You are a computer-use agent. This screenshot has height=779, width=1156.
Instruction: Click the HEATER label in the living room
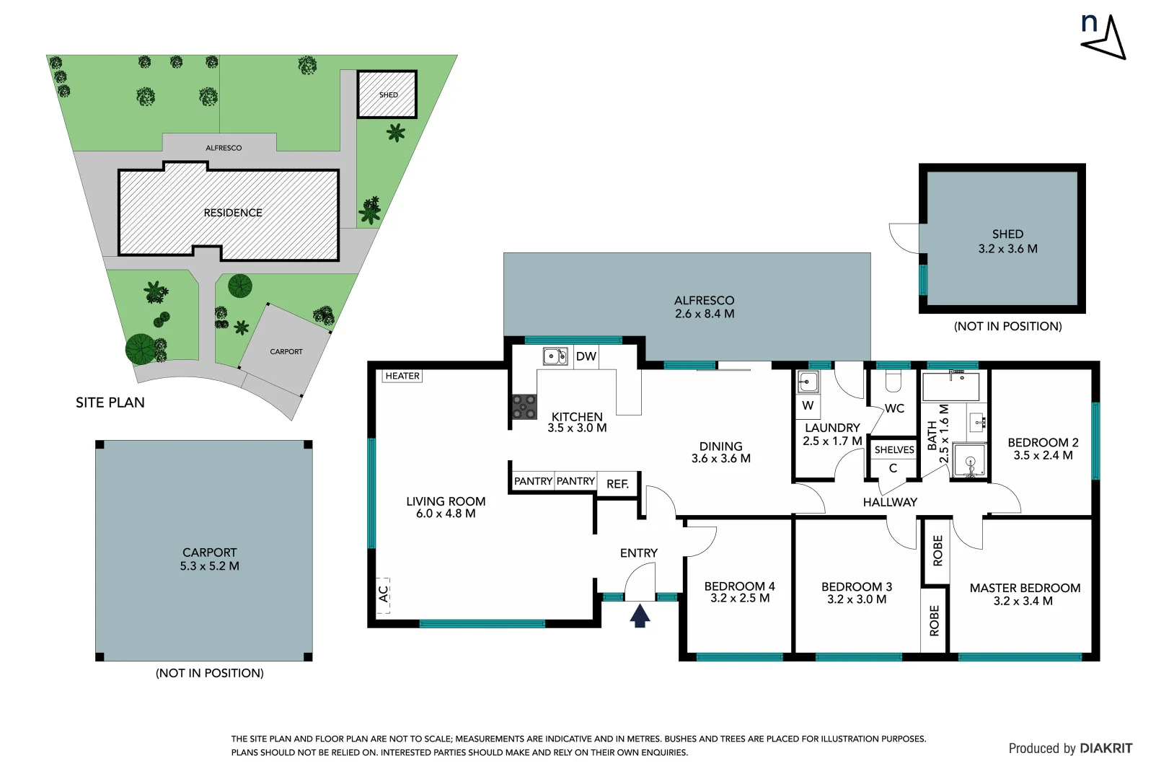pos(402,376)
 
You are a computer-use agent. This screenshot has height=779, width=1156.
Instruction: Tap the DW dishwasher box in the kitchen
pos(586,356)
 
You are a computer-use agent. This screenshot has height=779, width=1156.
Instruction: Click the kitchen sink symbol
pos(555,356)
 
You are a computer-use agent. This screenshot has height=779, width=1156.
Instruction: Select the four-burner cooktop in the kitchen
pos(524,407)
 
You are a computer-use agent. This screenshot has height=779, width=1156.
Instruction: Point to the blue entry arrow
pos(640,615)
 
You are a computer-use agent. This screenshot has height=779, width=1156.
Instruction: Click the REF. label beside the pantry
pos(617,484)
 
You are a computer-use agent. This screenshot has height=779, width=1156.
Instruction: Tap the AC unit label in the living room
pos(384,595)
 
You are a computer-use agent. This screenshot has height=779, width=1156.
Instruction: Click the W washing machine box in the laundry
pos(808,405)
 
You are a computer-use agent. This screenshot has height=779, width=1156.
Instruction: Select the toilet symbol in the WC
pos(893,380)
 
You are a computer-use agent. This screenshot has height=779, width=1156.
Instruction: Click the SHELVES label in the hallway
pos(894,449)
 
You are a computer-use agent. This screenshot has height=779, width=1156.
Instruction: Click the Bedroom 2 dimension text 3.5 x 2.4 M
pos(1043,456)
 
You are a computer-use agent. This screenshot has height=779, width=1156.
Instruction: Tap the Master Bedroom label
pos(1024,588)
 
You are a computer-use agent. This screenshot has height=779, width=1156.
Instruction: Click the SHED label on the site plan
pos(388,94)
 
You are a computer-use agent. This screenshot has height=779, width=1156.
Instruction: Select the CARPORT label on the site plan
pos(286,351)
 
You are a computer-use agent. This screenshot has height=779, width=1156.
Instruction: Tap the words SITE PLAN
pos(110,402)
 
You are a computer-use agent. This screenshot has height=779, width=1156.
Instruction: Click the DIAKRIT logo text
pos(1106,749)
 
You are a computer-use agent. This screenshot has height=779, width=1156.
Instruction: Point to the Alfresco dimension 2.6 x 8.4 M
pos(705,314)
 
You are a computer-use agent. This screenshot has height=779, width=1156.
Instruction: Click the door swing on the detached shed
pos(904,238)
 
